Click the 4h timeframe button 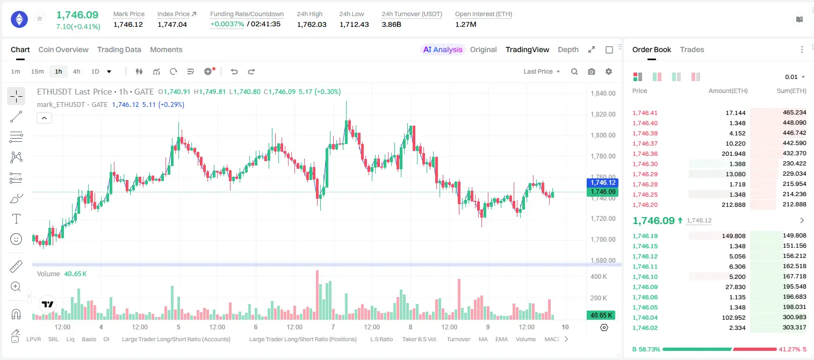pyautogui.click(x=76, y=71)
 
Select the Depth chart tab pyautogui.click(x=568, y=50)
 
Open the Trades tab pyautogui.click(x=692, y=50)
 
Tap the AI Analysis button pyautogui.click(x=443, y=50)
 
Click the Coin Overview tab pyautogui.click(x=63, y=50)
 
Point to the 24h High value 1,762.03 pyautogui.click(x=312, y=24)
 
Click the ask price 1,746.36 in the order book pyautogui.click(x=645, y=154)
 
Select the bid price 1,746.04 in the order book pyautogui.click(x=645, y=318)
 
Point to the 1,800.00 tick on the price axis pyautogui.click(x=603, y=135)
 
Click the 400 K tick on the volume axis pyautogui.click(x=599, y=277)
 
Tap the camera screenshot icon pyautogui.click(x=592, y=71)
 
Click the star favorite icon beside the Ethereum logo pyautogui.click(x=40, y=18)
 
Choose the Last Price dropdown pyautogui.click(x=542, y=71)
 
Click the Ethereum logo pyautogui.click(x=19, y=19)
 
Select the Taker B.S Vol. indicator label pyautogui.click(x=419, y=339)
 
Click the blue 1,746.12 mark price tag pyautogui.click(x=602, y=183)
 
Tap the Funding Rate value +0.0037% pyautogui.click(x=227, y=24)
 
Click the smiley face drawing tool pyautogui.click(x=16, y=239)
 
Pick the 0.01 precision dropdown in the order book pyautogui.click(x=795, y=77)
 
